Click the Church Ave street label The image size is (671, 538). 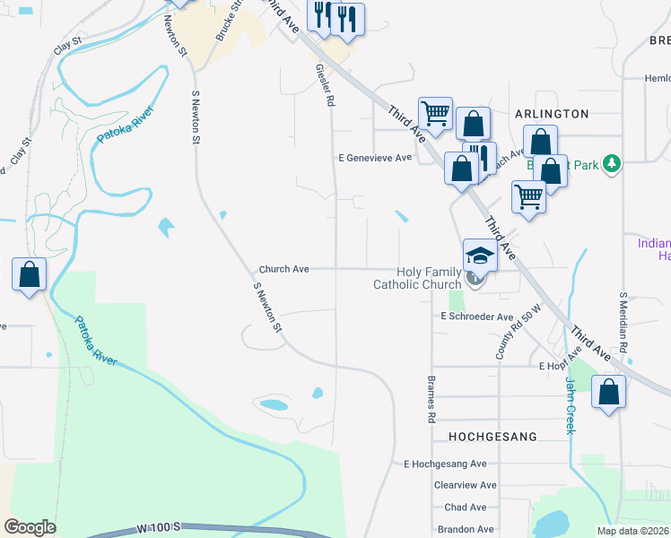point(283,269)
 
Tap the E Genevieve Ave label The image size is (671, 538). point(374,157)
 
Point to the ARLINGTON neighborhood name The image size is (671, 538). point(552,114)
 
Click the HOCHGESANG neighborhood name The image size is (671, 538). point(492,437)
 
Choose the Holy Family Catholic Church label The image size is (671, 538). point(416,279)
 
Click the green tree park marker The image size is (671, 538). point(612,163)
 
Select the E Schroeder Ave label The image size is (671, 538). point(476,317)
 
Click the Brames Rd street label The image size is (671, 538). point(431,398)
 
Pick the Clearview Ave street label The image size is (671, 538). point(465,485)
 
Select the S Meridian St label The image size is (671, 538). point(623,319)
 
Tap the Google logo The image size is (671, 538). point(30,527)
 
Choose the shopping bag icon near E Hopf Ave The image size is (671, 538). point(608,391)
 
